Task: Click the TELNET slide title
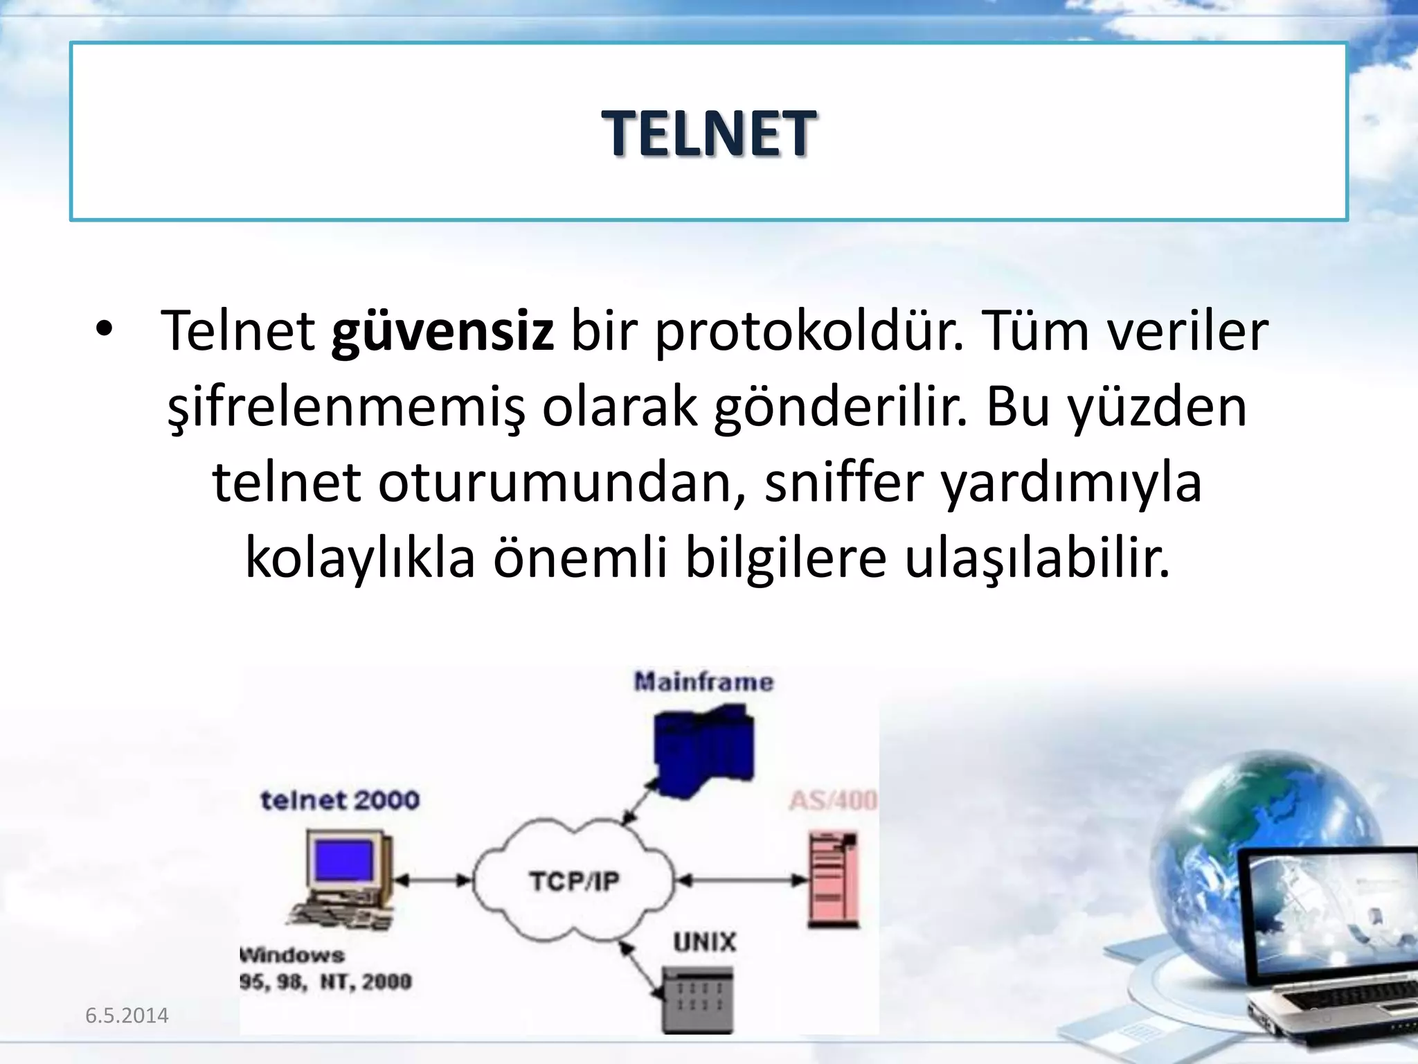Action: pyautogui.click(x=708, y=134)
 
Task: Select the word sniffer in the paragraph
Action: pyautogui.click(x=844, y=483)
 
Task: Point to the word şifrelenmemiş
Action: pyautogui.click(x=346, y=407)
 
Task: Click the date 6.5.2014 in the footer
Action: pyautogui.click(x=127, y=1016)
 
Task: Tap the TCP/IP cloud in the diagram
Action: pyautogui.click(x=573, y=881)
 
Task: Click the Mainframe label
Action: pyautogui.click(x=703, y=682)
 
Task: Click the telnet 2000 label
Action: pyautogui.click(x=340, y=801)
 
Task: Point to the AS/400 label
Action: pyautogui.click(x=833, y=801)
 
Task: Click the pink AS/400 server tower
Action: pyautogui.click(x=834, y=881)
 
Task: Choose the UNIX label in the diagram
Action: pyautogui.click(x=704, y=942)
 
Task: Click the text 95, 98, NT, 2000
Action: pyautogui.click(x=325, y=982)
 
